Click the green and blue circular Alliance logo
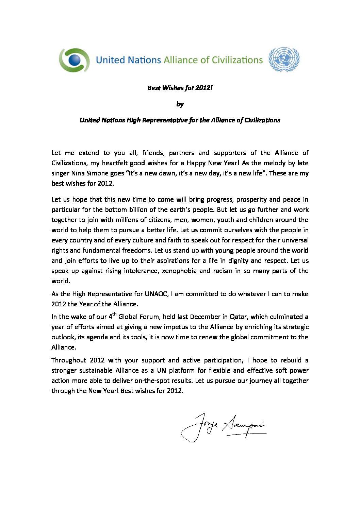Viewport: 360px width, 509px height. tap(74, 60)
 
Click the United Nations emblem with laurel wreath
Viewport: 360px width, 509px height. tap(284, 60)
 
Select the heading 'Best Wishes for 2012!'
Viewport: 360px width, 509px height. tap(180, 88)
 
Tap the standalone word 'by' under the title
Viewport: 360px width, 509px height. tap(180, 104)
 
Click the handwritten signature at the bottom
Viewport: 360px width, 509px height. tap(223, 427)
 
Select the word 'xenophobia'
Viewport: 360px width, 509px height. tap(179, 271)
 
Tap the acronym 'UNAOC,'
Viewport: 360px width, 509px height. tap(157, 294)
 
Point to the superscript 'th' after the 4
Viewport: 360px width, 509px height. tap(115, 314)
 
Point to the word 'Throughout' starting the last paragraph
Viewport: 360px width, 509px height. tap(69, 360)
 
